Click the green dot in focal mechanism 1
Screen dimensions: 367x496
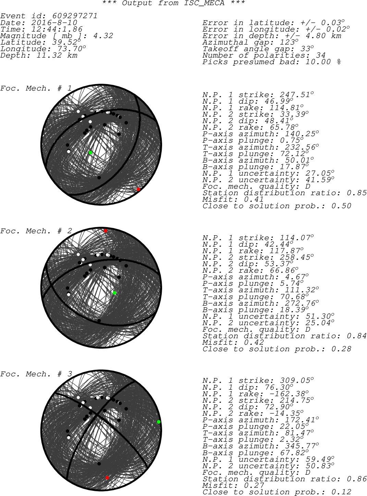(90, 153)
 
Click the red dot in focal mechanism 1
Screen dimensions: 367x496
(138, 189)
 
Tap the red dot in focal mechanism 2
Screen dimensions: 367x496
(106, 231)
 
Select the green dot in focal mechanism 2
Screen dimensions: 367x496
(115, 293)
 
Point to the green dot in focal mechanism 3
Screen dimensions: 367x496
(159, 422)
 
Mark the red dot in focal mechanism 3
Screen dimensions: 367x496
(107, 478)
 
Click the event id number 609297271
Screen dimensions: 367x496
(75, 16)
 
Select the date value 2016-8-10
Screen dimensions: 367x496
(54, 23)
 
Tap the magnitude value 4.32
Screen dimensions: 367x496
(103, 36)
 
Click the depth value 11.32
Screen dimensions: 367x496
(49, 55)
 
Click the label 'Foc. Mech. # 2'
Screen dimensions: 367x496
(36, 231)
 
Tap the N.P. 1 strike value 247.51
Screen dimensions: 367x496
(295, 95)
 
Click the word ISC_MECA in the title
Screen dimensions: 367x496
(204, 3)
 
